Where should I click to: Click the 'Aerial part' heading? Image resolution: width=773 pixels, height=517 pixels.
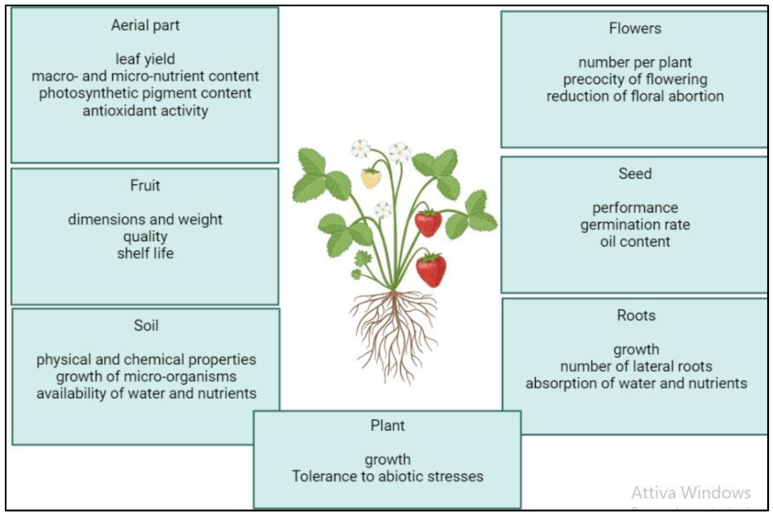(x=145, y=25)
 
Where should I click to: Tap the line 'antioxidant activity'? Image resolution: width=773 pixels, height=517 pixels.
(x=145, y=111)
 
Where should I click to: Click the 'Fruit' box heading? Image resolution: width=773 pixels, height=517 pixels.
(x=145, y=185)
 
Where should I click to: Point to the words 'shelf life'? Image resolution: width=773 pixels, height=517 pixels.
(x=145, y=254)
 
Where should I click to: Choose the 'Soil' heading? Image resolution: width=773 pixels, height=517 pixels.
(x=146, y=325)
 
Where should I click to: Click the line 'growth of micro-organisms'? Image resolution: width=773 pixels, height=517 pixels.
(x=146, y=377)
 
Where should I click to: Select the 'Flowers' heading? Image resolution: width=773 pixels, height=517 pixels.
(x=635, y=28)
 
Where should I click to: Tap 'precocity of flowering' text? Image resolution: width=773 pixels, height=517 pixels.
(x=635, y=79)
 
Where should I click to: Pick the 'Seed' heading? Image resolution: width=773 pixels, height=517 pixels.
(x=635, y=174)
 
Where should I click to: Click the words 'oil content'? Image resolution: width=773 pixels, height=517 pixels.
(x=635, y=242)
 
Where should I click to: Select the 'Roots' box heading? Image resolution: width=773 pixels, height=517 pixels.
(x=636, y=315)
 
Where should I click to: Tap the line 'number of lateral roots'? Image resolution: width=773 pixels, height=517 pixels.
(x=636, y=366)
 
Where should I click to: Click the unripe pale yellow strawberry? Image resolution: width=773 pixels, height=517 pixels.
(x=371, y=178)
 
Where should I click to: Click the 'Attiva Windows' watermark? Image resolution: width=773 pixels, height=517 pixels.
(x=691, y=493)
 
